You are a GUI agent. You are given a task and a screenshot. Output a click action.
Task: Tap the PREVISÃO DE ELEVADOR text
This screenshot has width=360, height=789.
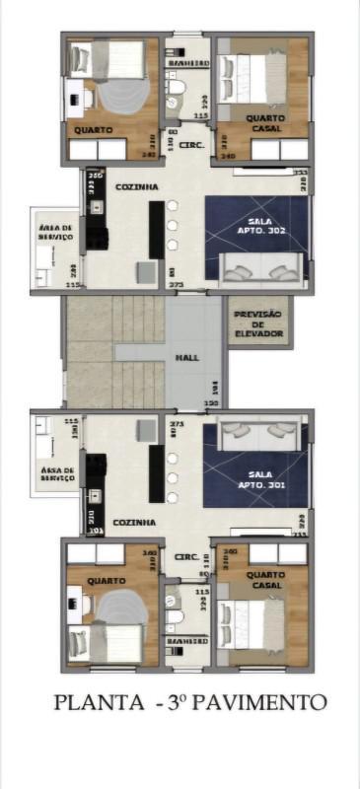pyautogui.click(x=259, y=324)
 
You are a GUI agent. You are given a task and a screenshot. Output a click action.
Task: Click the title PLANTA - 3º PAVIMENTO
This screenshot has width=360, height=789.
pyautogui.click(x=189, y=702)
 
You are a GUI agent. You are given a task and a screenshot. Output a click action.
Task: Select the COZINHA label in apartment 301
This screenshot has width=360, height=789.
pyautogui.click(x=132, y=522)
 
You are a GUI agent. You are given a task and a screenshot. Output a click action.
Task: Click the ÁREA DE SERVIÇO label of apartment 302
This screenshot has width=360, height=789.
pyautogui.click(x=53, y=232)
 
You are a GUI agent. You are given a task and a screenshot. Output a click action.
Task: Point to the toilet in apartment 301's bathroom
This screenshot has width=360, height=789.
pyautogui.click(x=175, y=615)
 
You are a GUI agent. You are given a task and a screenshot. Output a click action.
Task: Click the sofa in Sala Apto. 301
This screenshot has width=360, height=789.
pyautogui.click(x=258, y=431)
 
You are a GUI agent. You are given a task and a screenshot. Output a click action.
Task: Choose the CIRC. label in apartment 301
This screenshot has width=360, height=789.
pyautogui.click(x=186, y=557)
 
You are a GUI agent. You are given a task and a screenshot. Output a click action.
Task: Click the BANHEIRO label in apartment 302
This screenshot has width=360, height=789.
pyautogui.click(x=188, y=63)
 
